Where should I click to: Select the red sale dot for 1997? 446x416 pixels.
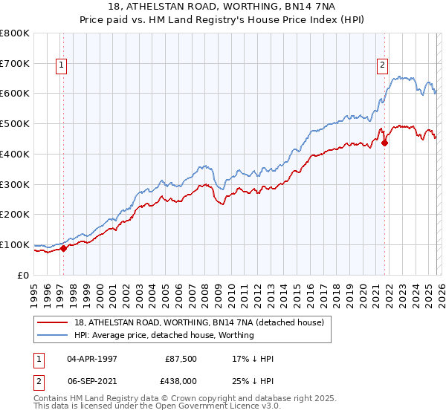coord(63,248)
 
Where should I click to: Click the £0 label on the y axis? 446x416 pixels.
coord(24,275)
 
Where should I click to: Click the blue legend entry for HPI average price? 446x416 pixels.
coord(164,335)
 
